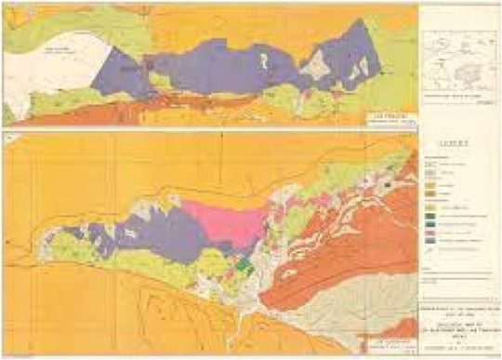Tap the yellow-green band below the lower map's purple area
point(139,270)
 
